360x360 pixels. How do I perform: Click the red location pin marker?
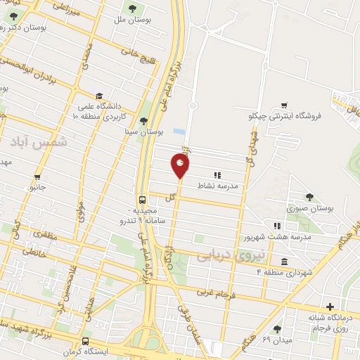click(x=181, y=166)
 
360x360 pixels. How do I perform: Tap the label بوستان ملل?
click(x=133, y=20)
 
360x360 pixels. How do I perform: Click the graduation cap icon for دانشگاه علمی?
click(x=99, y=96)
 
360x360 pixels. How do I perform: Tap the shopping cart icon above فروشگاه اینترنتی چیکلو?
click(x=284, y=105)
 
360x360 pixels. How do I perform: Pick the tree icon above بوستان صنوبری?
click(x=310, y=198)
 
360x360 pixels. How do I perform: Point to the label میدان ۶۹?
click(x=276, y=340)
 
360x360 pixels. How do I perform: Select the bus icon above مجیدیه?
click(x=143, y=199)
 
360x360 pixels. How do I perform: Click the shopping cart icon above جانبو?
click(x=37, y=177)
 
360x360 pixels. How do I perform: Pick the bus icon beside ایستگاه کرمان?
click(x=85, y=341)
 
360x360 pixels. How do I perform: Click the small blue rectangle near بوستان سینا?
click(x=179, y=131)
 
